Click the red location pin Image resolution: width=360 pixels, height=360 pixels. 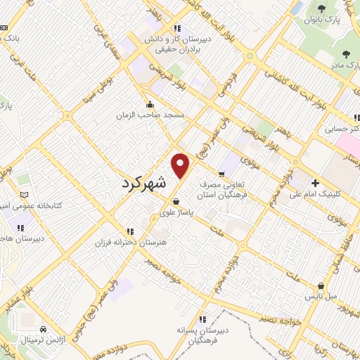[x=181, y=165]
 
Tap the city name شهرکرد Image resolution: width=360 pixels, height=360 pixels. [x=150, y=183]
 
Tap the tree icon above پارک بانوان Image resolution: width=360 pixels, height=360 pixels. [x=321, y=8]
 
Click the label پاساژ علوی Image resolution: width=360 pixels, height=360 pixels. [x=176, y=210]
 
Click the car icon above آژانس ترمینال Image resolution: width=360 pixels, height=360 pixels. [x=44, y=329]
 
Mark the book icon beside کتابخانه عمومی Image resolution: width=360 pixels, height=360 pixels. [x=25, y=194]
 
